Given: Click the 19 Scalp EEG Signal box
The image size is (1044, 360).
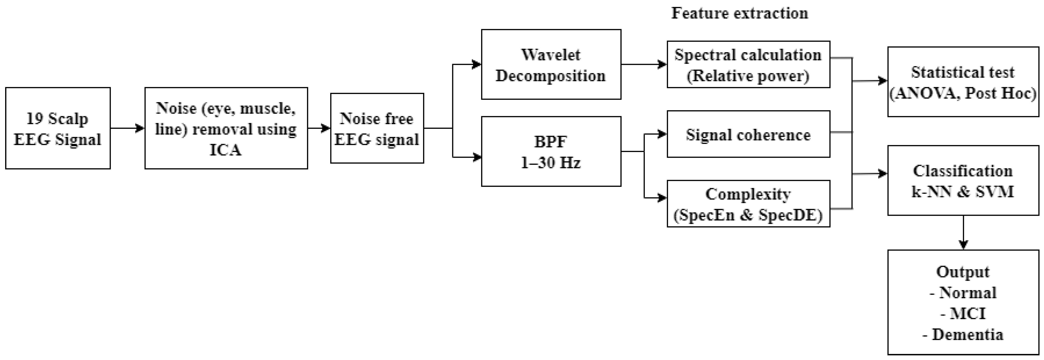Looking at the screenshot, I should (x=58, y=128).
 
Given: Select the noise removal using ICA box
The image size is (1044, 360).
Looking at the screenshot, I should (x=226, y=128).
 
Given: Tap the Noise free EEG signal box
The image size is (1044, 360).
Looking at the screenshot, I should (x=377, y=128).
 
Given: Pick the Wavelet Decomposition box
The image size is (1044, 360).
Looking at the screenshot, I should (x=551, y=64).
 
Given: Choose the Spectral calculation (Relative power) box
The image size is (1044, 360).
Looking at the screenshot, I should (x=748, y=64).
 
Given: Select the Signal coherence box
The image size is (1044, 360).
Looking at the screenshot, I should (x=748, y=134).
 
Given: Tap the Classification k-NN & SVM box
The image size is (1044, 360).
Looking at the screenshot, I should (x=963, y=180).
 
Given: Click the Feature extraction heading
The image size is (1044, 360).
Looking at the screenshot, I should (x=740, y=13).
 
